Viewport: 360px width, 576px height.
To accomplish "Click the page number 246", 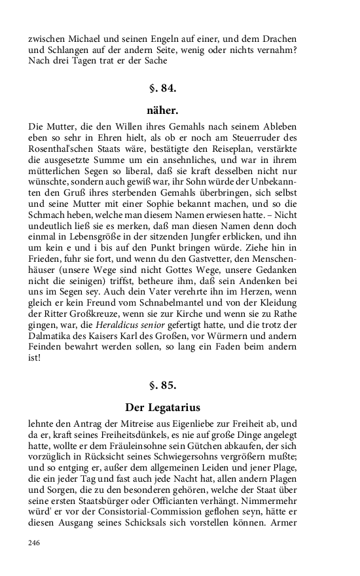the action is click(34, 543).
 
